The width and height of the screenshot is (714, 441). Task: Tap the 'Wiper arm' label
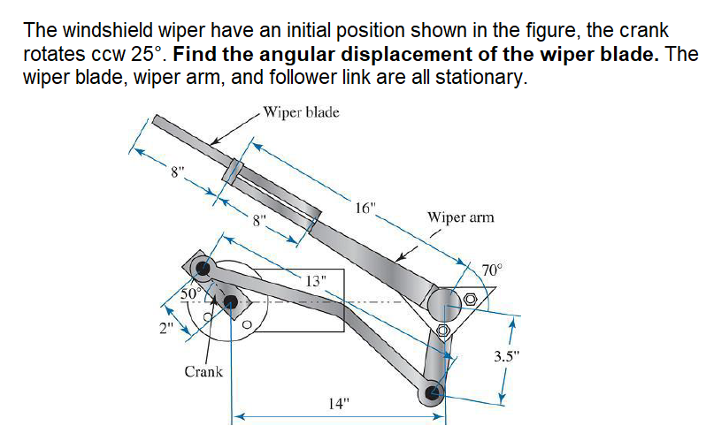pyautogui.click(x=460, y=217)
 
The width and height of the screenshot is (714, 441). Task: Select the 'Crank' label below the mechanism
pyautogui.click(x=203, y=371)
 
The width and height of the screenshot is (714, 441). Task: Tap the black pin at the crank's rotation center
pyautogui.click(x=231, y=303)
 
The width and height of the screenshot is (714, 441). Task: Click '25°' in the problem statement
pyautogui.click(x=150, y=53)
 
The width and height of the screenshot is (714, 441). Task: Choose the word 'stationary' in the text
pyautogui.click(x=478, y=76)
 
